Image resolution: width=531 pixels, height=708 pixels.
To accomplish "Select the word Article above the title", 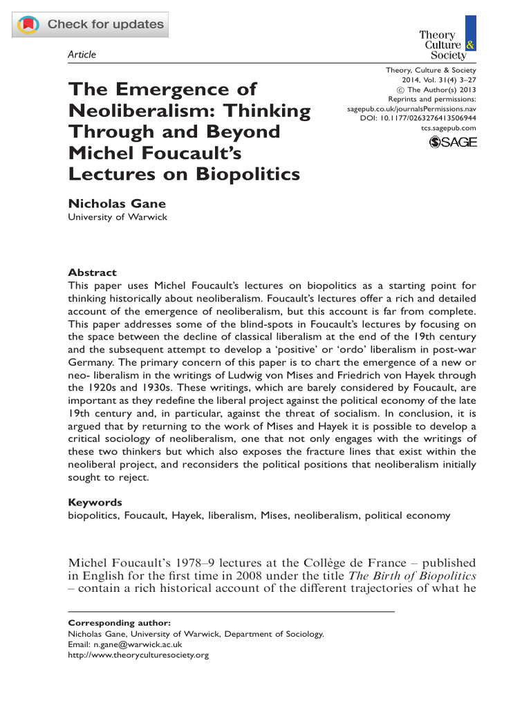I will pos(82,55).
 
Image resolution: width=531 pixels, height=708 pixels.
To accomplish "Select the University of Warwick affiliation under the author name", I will pos(117,217).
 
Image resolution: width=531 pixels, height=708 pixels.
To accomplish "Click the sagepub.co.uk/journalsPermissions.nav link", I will pos(411,109).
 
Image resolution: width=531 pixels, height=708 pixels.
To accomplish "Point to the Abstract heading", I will pos(92,272).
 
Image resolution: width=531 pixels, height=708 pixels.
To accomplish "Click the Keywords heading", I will pos(95,502).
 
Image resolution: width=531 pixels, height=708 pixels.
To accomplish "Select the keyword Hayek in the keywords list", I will pos(201,515).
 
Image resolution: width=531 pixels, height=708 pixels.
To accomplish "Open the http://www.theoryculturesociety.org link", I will pos(138,655).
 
